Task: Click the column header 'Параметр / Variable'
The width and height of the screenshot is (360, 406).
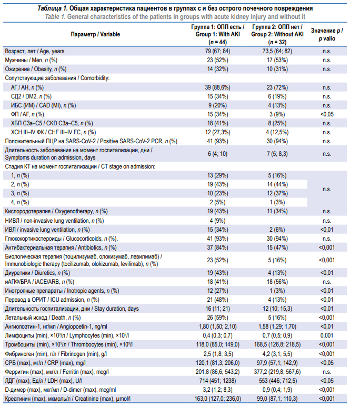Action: [x=95, y=34]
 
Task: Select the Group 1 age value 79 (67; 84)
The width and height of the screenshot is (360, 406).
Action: [x=217, y=51]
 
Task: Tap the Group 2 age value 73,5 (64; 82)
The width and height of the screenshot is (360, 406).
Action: [x=277, y=51]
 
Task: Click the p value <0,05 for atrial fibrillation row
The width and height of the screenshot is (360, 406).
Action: [x=327, y=114]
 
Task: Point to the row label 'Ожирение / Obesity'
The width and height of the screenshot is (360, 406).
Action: [x=35, y=69]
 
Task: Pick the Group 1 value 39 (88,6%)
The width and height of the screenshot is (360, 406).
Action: [x=217, y=87]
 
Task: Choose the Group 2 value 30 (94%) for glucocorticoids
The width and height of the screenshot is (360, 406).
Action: [x=277, y=239]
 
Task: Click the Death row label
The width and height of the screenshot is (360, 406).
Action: [x=43, y=318]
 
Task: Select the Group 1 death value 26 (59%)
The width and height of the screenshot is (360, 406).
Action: [x=217, y=318]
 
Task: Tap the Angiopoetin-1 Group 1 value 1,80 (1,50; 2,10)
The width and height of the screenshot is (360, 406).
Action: [x=217, y=326]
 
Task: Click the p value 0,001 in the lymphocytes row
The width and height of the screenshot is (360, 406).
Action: [x=327, y=335]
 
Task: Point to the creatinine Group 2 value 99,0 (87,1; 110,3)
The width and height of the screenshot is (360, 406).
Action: [x=277, y=399]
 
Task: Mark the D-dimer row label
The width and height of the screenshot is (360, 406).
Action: [x=61, y=390]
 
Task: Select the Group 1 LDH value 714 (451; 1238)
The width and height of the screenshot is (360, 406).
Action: [x=217, y=381]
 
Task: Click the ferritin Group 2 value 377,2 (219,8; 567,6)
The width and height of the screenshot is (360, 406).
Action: [x=277, y=372]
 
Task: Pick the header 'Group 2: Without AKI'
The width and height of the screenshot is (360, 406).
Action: [x=277, y=34]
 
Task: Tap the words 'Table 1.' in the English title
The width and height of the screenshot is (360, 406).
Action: [x=55, y=17]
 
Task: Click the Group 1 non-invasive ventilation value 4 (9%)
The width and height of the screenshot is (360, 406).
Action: [x=217, y=221]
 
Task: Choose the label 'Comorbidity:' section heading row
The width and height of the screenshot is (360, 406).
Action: [x=95, y=78]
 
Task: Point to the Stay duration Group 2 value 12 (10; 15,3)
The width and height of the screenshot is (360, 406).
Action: [x=277, y=309]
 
